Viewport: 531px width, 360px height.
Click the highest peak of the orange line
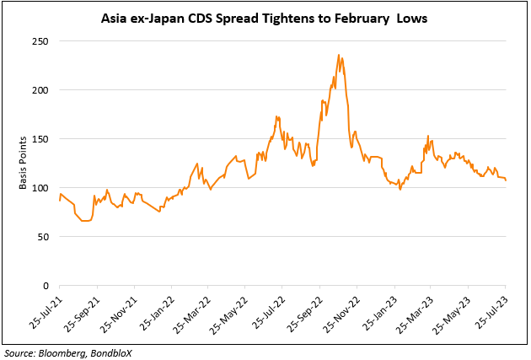[339, 56]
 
